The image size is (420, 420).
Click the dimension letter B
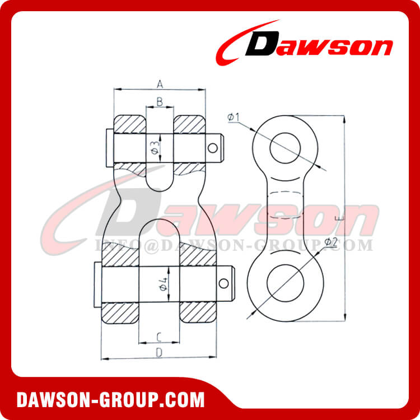[x=160, y=101]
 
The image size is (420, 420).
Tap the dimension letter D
[x=158, y=353]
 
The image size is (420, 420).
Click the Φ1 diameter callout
[x=234, y=117]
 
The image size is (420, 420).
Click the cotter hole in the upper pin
[x=212, y=148]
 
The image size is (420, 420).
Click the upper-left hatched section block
[x=130, y=124]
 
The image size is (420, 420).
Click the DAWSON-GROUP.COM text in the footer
[x=110, y=400]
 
